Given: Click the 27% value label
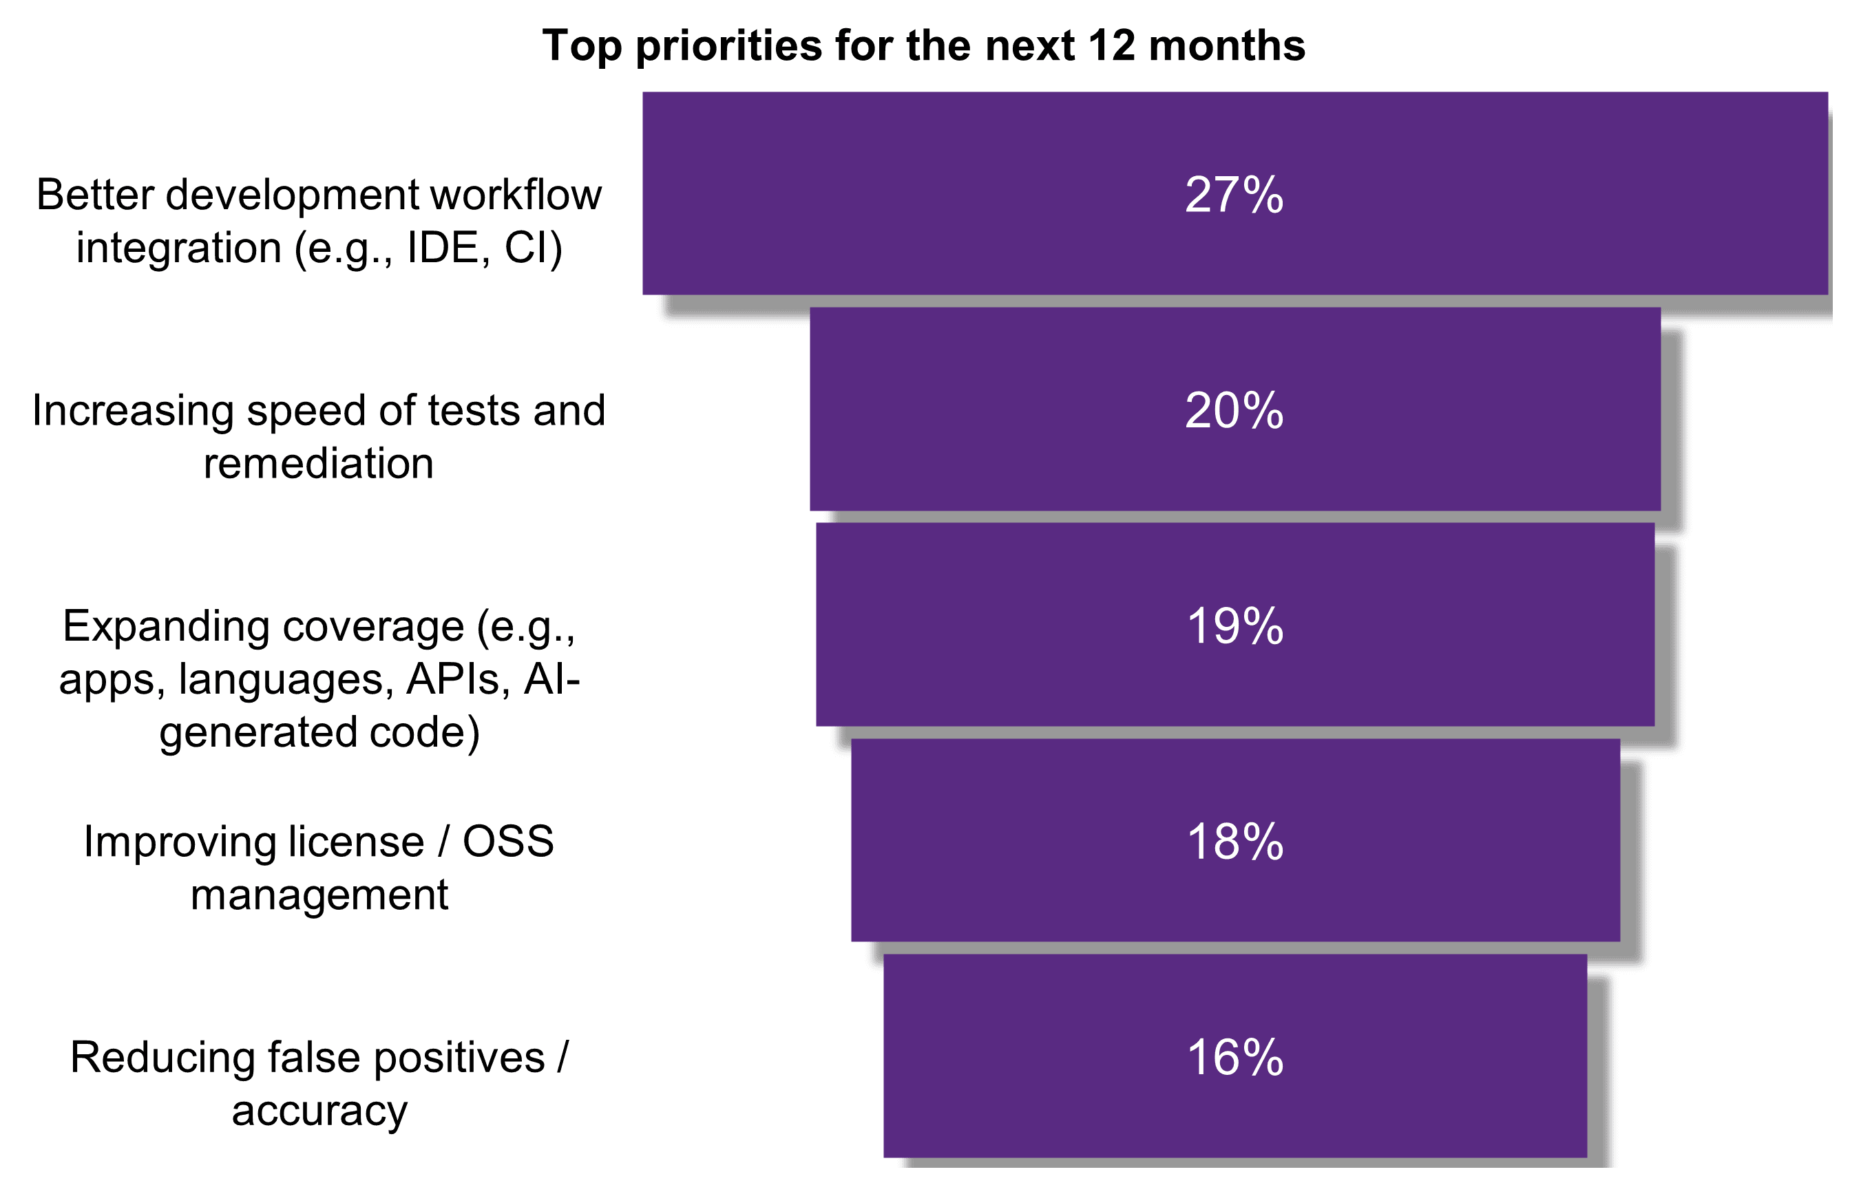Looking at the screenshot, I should point(1233,195).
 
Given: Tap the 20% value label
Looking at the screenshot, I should point(1233,410).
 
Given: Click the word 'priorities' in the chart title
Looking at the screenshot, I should point(728,46).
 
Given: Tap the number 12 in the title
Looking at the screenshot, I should point(1111,45).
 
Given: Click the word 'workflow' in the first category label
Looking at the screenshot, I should point(516,194).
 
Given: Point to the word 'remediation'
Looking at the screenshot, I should point(319,463).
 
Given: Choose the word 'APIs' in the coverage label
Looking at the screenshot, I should point(452,679).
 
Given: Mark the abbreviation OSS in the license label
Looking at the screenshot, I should point(507,841).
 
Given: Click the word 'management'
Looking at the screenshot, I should point(319,895).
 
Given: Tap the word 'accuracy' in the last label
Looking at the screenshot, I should point(319,1111).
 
